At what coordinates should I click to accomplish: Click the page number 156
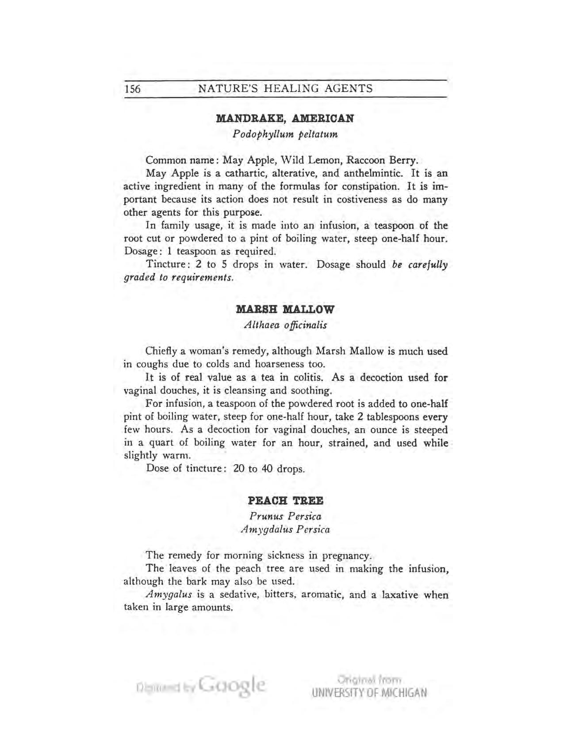coord(132,89)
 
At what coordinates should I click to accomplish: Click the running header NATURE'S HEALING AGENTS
coord(285,88)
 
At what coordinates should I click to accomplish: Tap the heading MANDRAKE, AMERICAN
coord(285,119)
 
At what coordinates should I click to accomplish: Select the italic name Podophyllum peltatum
coord(285,134)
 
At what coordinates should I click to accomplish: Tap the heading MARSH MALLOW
coord(285,309)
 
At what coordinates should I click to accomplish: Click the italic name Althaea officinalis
coord(285,325)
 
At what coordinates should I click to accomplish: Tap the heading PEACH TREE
coord(285,501)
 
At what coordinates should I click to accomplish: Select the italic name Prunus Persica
coord(285,516)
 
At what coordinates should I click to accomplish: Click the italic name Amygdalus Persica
coord(285,530)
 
